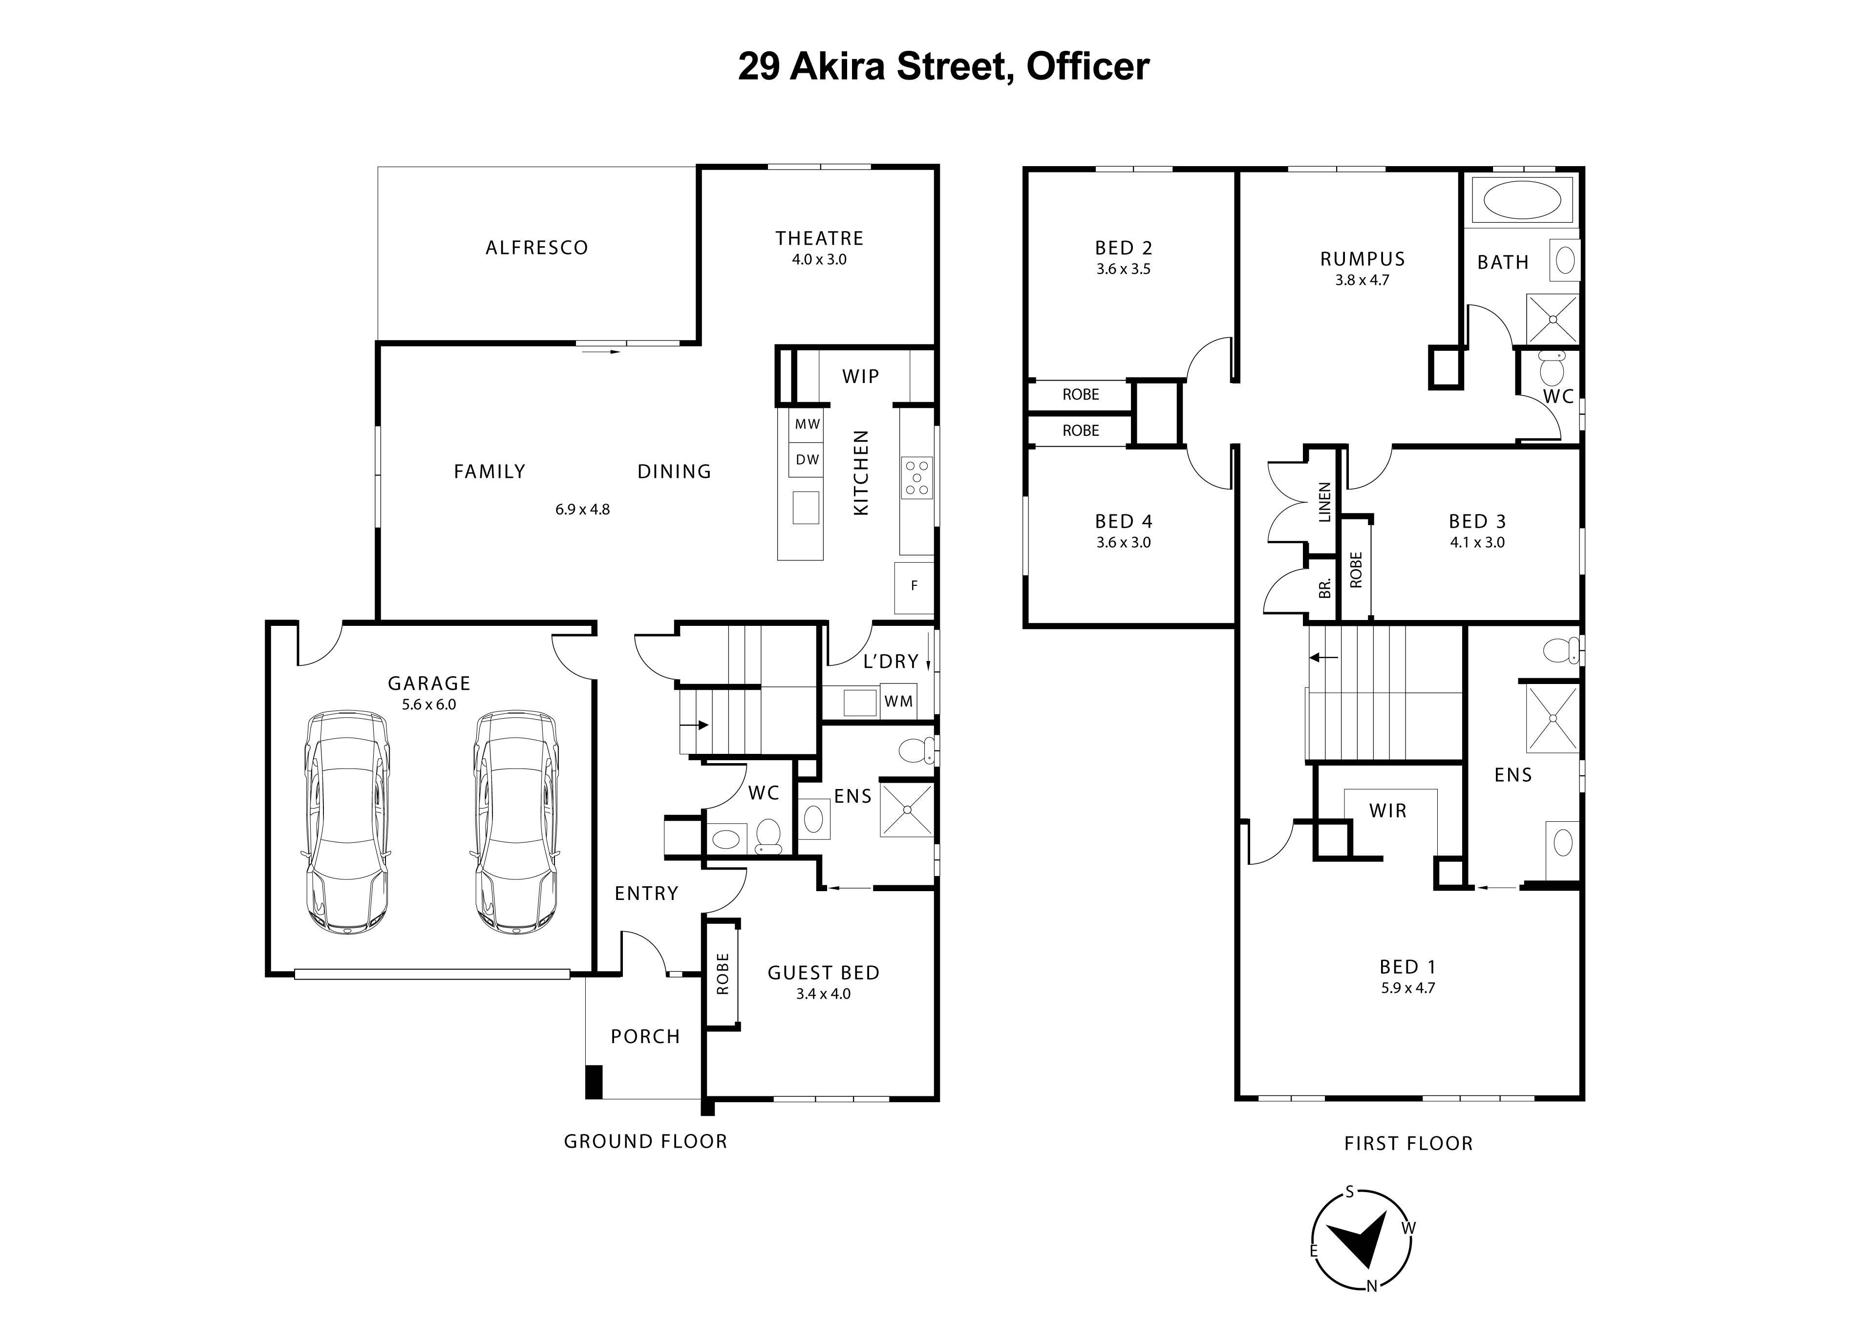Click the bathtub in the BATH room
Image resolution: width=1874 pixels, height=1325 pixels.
[x=1521, y=199]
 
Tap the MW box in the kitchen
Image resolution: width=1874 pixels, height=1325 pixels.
[x=807, y=425]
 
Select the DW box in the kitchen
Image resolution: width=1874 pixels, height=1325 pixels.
[x=807, y=460]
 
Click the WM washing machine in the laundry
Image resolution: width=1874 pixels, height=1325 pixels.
[x=898, y=701]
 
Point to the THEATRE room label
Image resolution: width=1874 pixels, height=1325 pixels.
[x=819, y=238]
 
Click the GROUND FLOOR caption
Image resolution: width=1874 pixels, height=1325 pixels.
[x=646, y=1141]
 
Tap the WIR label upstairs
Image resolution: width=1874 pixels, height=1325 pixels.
[x=1387, y=811]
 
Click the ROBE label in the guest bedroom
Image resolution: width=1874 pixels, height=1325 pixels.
[x=723, y=974]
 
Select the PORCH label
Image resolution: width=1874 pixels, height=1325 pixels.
[x=645, y=1037]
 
